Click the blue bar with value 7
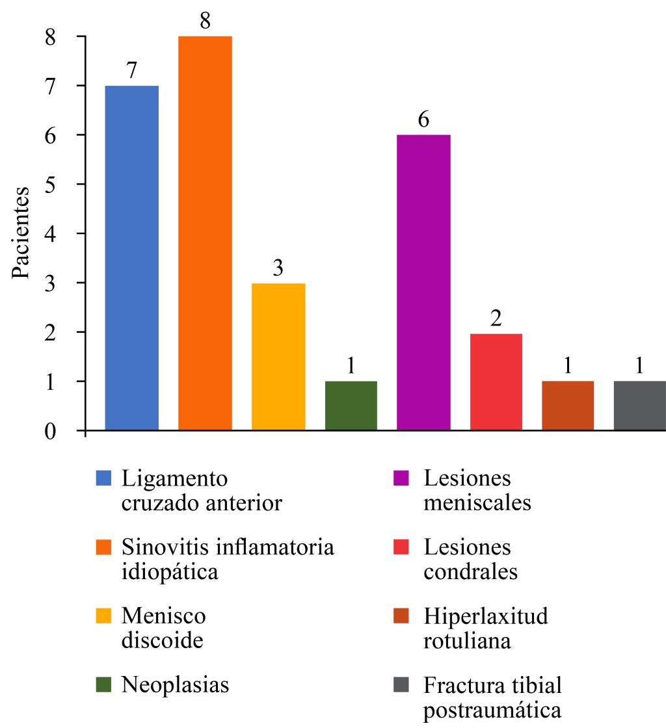131,257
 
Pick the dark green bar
351,406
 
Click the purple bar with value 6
423,282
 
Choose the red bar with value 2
496,382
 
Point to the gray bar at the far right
640,406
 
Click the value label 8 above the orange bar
205,21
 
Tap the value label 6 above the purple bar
424,120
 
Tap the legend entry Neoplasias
176,685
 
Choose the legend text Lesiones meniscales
477,490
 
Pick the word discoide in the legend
163,640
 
